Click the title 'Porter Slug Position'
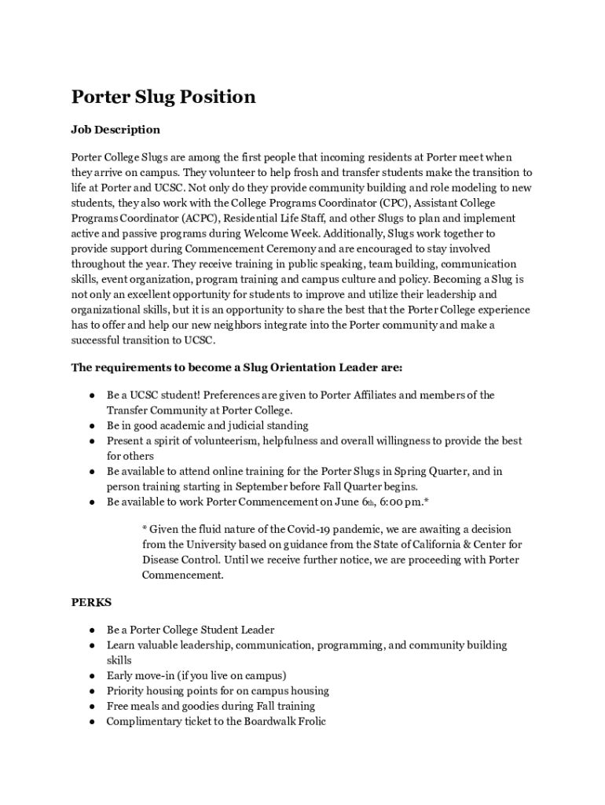[163, 97]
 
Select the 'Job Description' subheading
[115, 130]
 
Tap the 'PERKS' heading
[91, 603]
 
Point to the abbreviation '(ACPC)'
[203, 219]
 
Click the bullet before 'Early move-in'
[92, 676]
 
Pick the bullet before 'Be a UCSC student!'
[92, 395]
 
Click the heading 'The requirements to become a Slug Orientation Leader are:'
[237, 367]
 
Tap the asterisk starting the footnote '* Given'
[145, 530]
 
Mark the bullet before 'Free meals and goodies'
[92, 707]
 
